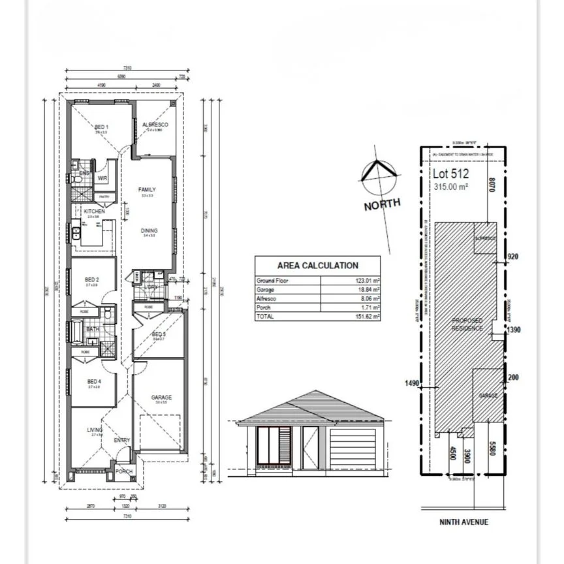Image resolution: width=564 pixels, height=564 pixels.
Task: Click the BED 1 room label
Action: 101,127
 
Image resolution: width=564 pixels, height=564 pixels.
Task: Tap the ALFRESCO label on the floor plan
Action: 156,124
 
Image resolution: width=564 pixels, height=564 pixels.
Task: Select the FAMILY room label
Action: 147,190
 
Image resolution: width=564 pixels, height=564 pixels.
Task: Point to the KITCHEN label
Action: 93,211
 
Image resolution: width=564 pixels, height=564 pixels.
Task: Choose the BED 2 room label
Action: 92,279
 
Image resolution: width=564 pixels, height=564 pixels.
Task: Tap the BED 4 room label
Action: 94,381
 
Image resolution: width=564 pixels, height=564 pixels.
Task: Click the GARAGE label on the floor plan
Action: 161,397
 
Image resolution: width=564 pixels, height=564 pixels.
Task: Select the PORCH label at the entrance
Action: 123,471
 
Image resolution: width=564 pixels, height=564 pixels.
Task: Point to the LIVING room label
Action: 95,430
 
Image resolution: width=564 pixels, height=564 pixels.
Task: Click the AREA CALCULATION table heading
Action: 317,266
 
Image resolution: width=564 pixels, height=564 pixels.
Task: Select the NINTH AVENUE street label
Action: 464,522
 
